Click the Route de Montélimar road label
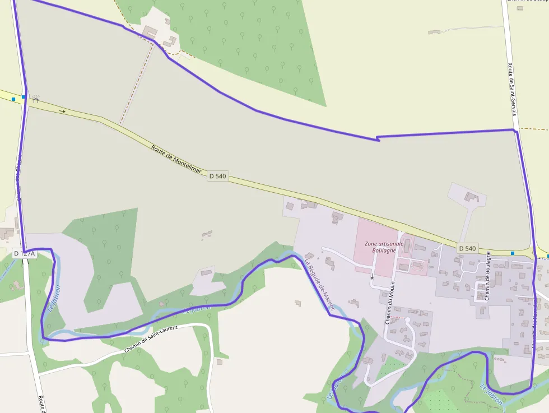point(176,158)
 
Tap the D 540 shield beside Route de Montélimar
point(217,176)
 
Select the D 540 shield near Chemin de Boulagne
point(467,248)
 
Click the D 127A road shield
point(25,253)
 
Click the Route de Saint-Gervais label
point(512,89)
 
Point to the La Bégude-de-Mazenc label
point(320,285)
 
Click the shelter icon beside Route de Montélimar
point(36,100)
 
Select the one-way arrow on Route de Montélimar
point(63,112)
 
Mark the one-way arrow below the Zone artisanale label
point(371,276)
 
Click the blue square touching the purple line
point(24,97)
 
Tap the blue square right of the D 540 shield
point(512,253)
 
